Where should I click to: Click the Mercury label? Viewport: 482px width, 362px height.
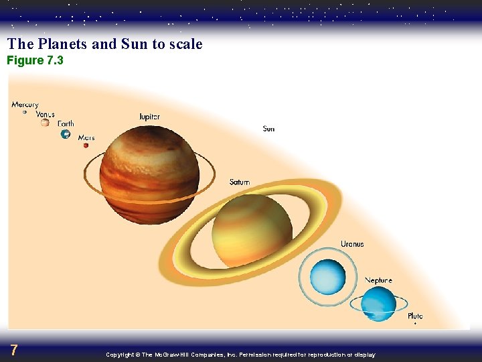click(25, 105)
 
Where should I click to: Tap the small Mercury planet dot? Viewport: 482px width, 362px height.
click(25, 112)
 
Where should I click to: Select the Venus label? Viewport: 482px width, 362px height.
click(45, 114)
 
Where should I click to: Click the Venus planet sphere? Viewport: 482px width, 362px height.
click(45, 123)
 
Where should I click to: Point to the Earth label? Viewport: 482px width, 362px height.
click(66, 123)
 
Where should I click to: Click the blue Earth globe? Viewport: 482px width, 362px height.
click(66, 134)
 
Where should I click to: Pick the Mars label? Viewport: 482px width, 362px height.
click(86, 137)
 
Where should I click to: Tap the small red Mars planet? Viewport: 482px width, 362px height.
click(86, 145)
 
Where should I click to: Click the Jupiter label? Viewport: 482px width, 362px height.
click(149, 117)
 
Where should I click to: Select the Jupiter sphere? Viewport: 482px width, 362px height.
click(149, 175)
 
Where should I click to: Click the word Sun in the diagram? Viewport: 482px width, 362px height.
click(268, 129)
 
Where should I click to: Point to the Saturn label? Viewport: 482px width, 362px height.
click(239, 182)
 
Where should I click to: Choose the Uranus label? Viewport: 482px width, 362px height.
click(352, 244)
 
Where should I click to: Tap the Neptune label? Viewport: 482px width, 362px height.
click(378, 280)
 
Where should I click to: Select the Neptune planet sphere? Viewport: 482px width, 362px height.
click(378, 304)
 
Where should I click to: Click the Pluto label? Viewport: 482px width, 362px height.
click(415, 316)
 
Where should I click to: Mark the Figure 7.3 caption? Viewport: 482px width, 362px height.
click(35, 61)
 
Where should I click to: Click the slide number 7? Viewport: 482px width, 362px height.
click(14, 350)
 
